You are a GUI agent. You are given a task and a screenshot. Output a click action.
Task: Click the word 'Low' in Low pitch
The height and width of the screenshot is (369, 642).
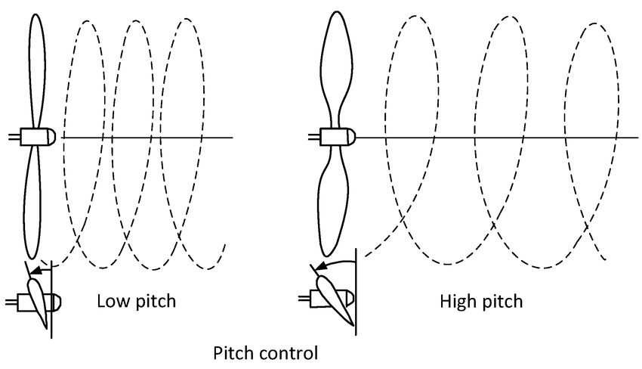pyautogui.click(x=111, y=302)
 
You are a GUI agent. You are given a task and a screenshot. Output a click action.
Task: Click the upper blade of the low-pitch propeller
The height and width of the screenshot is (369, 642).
pyautogui.click(x=38, y=68)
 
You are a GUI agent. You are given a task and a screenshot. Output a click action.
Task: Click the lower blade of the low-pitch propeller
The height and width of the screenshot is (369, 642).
pyautogui.click(x=34, y=204)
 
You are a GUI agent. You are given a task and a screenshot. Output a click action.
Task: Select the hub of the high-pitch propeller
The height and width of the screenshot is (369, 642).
pyautogui.click(x=333, y=137)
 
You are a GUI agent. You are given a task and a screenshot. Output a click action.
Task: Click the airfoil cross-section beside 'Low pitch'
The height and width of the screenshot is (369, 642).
pyautogui.click(x=39, y=299)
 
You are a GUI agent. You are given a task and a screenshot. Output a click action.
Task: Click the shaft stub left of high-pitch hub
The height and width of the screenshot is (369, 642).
pyautogui.click(x=313, y=137)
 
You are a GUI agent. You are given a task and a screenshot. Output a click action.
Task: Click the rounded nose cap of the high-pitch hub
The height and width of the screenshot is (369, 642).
pyautogui.click(x=350, y=137)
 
